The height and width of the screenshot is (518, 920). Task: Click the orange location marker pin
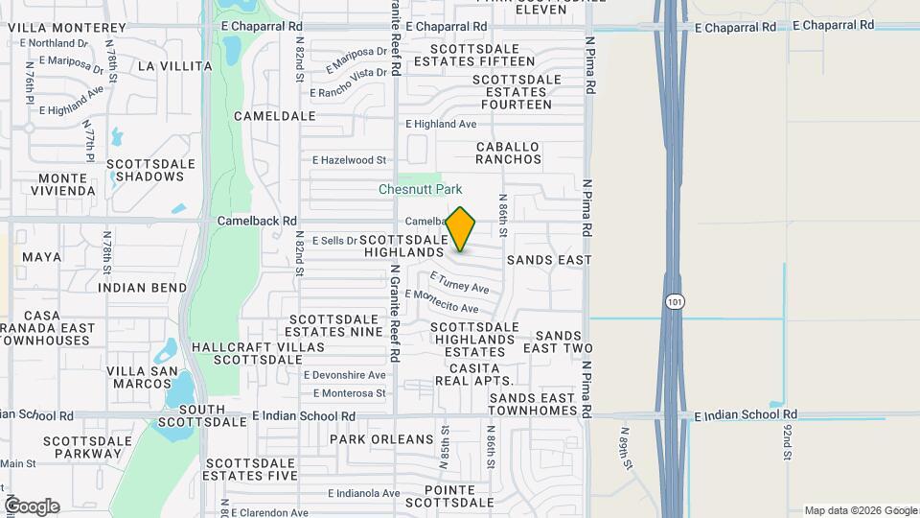(x=460, y=229)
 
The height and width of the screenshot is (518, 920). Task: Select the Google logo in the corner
(x=32, y=506)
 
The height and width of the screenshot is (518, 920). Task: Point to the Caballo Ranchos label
(x=508, y=153)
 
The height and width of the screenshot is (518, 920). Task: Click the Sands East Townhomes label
(x=532, y=404)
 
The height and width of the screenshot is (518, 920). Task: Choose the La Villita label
(x=174, y=66)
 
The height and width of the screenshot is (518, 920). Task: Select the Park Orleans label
(x=381, y=439)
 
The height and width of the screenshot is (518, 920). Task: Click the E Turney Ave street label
(x=460, y=283)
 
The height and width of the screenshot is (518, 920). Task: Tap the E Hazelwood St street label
(x=349, y=160)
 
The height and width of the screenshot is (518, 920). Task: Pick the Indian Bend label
(x=143, y=288)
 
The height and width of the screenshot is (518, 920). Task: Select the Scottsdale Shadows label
(x=145, y=170)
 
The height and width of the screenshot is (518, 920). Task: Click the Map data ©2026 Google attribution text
(x=859, y=510)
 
